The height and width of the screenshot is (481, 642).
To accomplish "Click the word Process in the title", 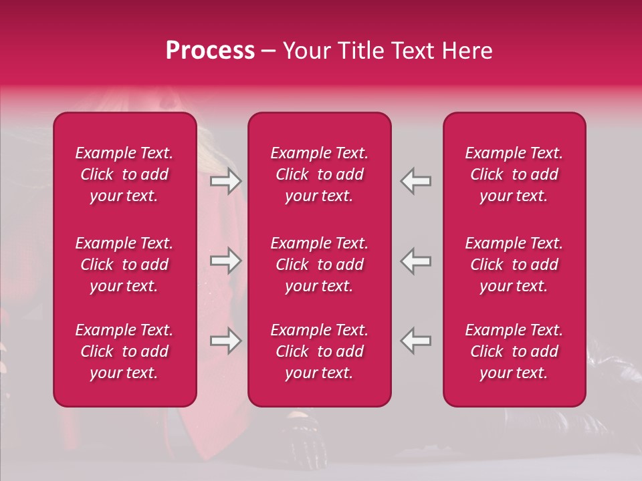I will click(210, 51).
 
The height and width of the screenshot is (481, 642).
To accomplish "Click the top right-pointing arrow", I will click(226, 181).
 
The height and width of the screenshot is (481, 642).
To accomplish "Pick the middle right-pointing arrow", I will click(226, 261).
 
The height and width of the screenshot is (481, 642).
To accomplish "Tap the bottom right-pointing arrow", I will click(226, 341).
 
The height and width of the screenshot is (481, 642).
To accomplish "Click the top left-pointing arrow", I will click(415, 181).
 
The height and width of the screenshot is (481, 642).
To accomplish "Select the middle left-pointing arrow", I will click(415, 261).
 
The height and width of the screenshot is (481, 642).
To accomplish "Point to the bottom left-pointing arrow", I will click(415, 341).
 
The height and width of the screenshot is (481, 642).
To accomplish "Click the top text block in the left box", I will click(124, 174).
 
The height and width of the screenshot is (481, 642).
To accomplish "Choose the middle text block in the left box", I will click(124, 265).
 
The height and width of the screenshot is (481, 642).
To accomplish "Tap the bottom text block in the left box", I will click(124, 351).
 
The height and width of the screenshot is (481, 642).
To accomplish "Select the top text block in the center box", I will click(320, 174).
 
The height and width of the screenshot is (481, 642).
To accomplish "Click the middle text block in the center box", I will click(320, 265).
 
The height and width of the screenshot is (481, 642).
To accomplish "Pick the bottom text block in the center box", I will click(320, 351).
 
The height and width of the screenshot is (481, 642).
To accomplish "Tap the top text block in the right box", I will click(514, 174).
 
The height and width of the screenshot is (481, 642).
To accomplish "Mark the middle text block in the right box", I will click(514, 265).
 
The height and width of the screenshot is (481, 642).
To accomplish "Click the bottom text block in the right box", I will click(514, 351).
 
